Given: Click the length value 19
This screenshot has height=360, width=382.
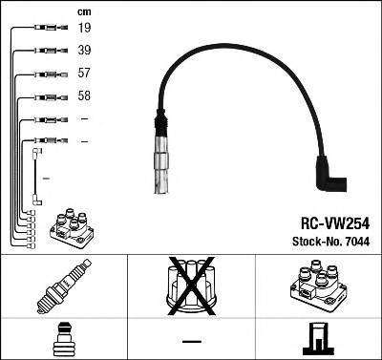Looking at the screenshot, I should point(84,30).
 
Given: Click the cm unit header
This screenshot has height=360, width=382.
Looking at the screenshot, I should point(83,11).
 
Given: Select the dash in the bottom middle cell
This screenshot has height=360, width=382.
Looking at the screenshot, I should point(192,340).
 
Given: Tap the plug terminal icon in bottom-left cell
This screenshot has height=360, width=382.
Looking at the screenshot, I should point(62,338).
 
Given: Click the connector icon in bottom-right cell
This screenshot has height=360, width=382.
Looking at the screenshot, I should point(318,338).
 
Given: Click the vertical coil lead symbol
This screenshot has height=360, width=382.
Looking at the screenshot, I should point(37,177).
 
